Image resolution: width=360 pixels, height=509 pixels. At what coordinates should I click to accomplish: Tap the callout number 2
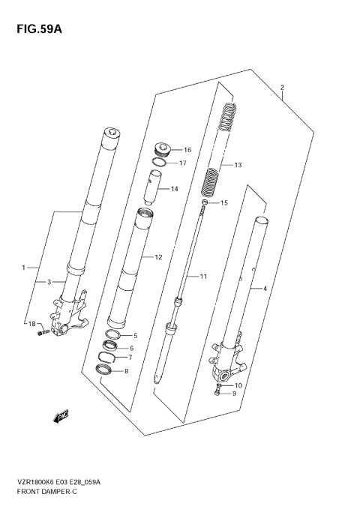pos(282,88)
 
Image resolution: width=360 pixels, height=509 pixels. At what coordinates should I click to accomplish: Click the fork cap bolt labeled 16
pos(161,148)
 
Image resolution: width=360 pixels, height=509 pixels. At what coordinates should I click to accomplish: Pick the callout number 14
pos(175,189)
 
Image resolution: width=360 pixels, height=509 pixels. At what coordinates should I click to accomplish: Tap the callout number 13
pos(238,165)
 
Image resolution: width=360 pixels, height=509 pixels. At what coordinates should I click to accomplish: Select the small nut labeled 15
pos(204,203)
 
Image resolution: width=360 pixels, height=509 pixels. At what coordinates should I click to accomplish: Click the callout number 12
pos(158,257)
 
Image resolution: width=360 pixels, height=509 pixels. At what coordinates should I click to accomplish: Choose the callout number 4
pos(263,288)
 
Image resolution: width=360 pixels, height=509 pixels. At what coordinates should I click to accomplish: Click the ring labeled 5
pos(113,334)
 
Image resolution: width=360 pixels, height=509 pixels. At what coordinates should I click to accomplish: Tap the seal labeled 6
pos(111,346)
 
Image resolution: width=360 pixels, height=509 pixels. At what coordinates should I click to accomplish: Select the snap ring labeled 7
pos(109,357)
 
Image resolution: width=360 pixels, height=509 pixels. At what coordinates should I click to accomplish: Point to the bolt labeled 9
pos(216,392)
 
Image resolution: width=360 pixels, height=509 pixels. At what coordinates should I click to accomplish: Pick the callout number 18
pos(31,323)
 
